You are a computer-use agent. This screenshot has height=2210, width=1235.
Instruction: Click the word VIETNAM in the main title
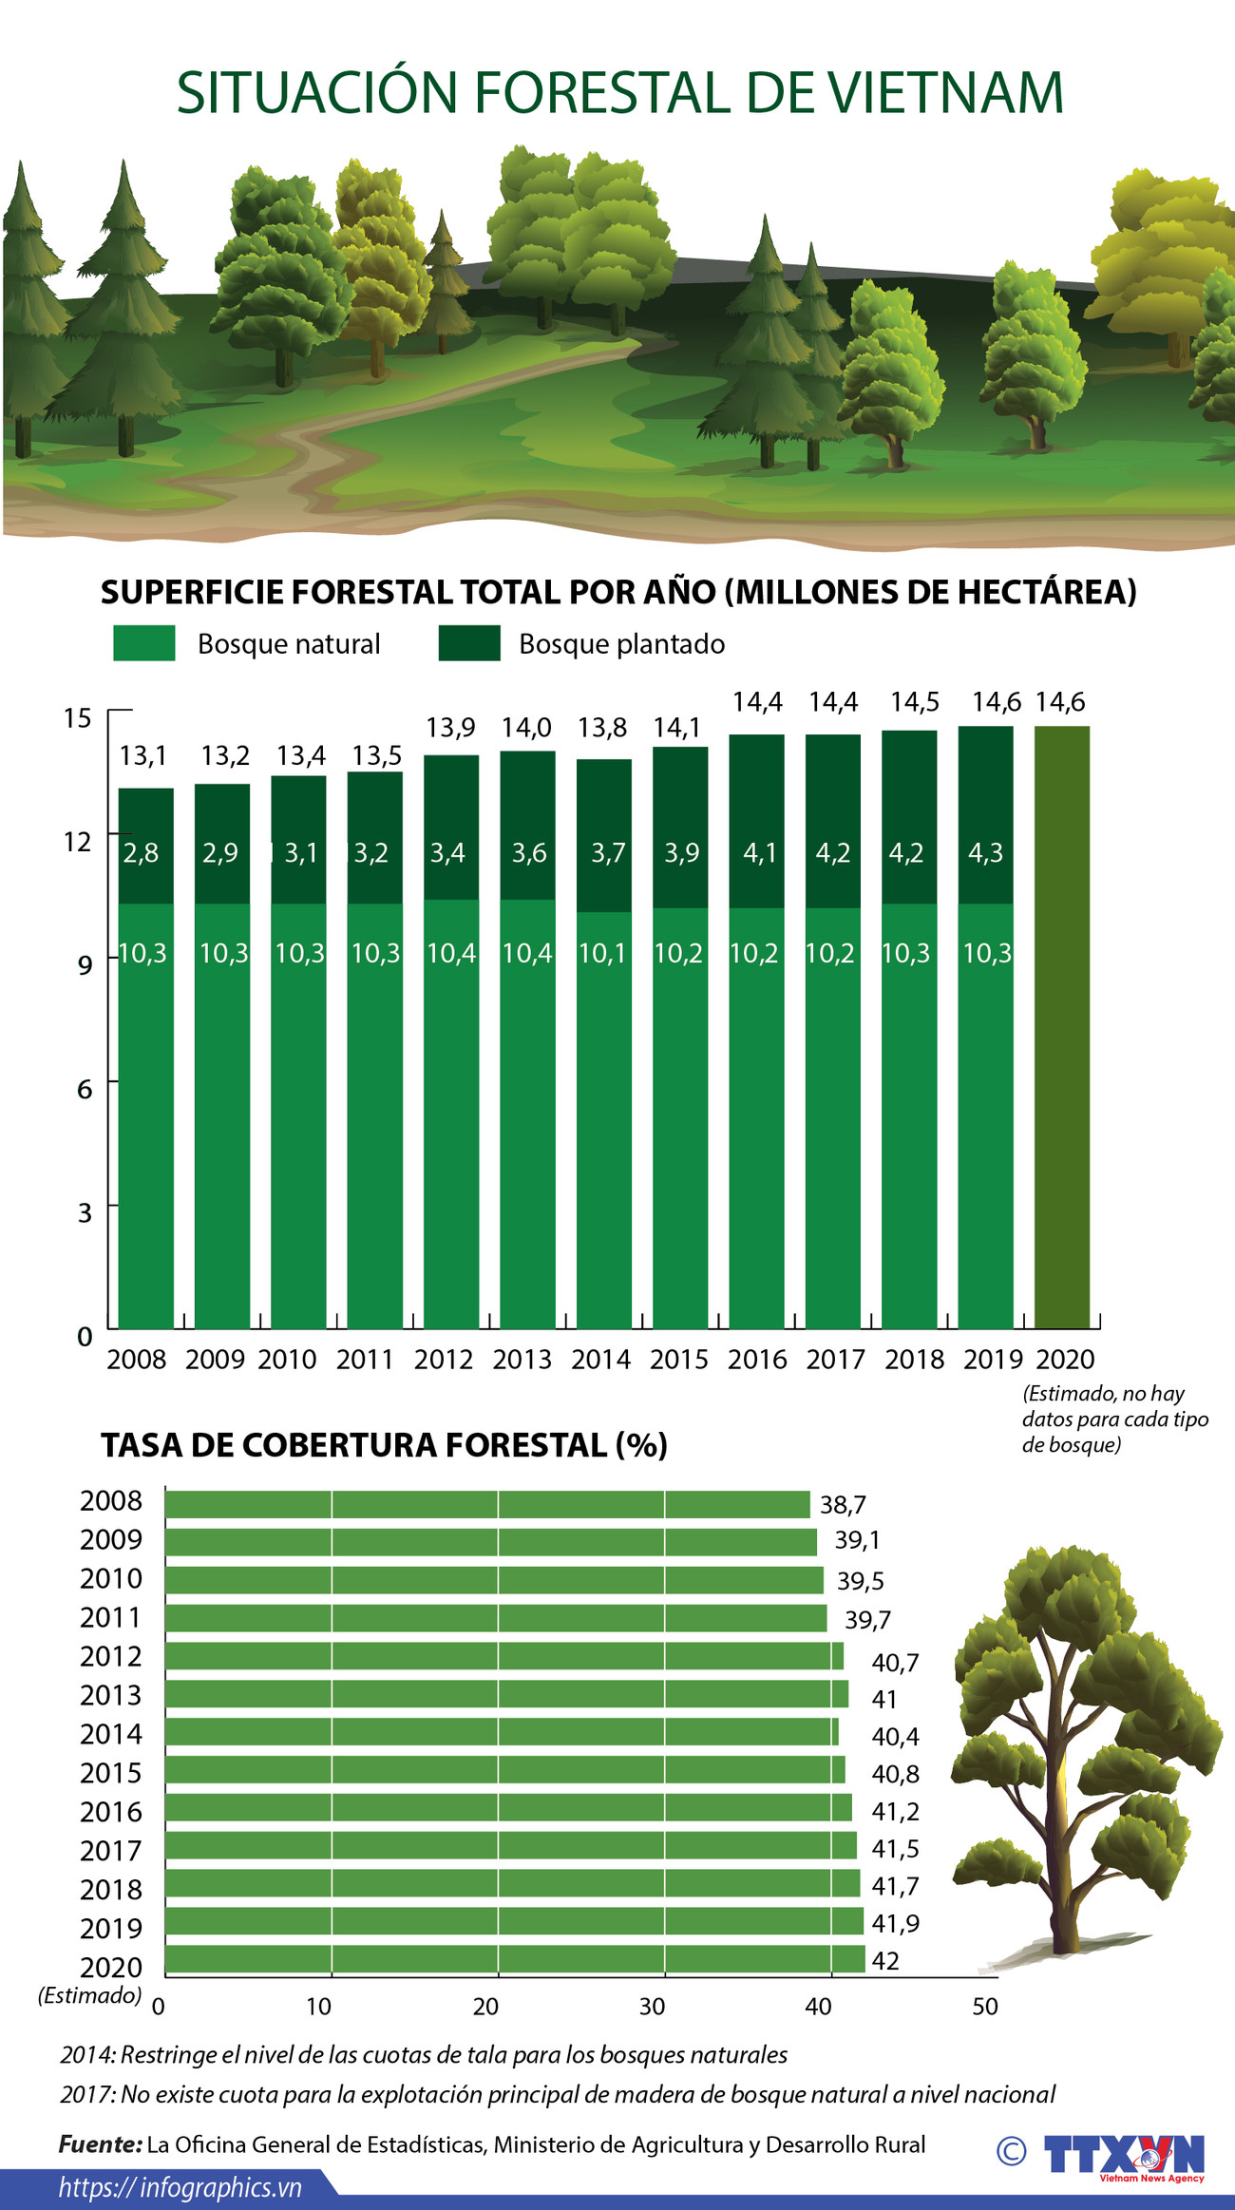pos(945,93)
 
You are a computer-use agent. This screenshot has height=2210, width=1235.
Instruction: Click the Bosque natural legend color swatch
pos(143,643)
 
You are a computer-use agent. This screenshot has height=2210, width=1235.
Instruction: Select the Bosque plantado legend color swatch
pos(469,643)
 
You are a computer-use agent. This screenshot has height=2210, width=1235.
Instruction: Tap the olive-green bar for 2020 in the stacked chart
pos(1061,1026)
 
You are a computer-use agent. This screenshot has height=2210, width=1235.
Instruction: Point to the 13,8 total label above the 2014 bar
pos(603,728)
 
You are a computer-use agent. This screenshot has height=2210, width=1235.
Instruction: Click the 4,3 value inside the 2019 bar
pos(985,853)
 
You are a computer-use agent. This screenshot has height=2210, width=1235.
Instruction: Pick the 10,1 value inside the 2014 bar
pos(603,953)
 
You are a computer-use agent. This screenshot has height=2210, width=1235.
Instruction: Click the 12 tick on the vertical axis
pos(78,842)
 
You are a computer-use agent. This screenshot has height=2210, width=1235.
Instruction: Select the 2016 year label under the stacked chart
pos(757,1360)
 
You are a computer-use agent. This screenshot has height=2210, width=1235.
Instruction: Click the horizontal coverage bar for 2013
pos(506,1694)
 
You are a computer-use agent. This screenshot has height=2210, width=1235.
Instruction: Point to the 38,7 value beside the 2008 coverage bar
pos(843,1505)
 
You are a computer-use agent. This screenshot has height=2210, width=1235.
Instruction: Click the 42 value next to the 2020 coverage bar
pos(884,1961)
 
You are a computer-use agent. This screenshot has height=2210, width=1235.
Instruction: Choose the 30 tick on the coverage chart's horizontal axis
pos(652,2007)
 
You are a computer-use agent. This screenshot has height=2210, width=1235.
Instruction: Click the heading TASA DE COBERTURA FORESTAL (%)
pos(384,1445)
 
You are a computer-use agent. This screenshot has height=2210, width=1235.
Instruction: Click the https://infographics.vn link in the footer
pos(180,2188)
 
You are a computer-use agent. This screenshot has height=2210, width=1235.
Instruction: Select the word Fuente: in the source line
pos(100,2144)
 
